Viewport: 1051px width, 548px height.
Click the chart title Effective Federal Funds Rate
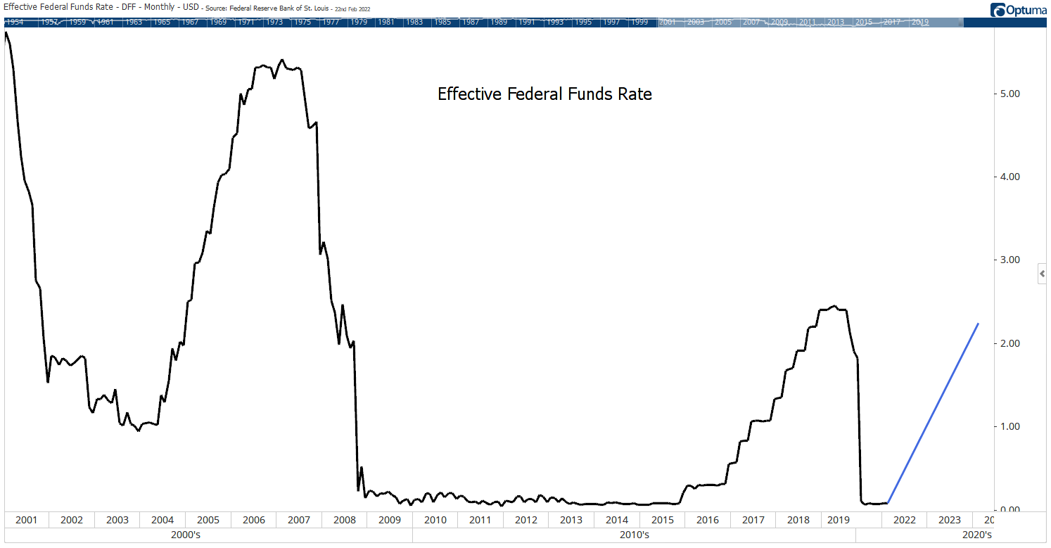click(544, 94)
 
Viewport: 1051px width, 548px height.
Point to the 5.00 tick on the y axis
click(1009, 94)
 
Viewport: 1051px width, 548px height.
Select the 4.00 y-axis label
click(1009, 177)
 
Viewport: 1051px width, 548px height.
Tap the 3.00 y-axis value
click(1009, 260)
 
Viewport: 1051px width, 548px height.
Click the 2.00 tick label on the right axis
click(1009, 343)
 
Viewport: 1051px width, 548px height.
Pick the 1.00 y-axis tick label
click(1009, 426)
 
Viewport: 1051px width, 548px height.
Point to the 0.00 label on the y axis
click(1009, 509)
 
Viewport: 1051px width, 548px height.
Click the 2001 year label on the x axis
click(26, 520)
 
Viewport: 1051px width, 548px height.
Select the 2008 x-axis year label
click(344, 520)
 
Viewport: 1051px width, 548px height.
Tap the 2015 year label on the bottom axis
click(662, 520)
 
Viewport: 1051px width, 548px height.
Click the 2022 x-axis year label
click(904, 520)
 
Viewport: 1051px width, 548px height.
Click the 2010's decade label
click(633, 535)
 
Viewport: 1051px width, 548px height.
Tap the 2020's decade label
click(976, 535)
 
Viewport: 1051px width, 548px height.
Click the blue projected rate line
click(934, 413)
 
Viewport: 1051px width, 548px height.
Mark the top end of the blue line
click(978, 324)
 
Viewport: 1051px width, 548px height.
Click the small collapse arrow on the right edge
click(1043, 274)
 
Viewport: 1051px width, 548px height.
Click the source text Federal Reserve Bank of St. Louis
click(272, 8)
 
